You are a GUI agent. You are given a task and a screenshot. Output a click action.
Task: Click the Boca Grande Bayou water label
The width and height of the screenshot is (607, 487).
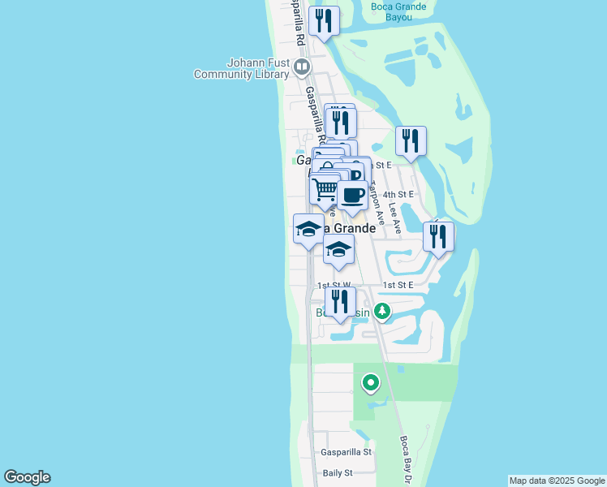click(398, 11)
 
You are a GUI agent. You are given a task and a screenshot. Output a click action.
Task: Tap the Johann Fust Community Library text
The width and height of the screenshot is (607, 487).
click(241, 68)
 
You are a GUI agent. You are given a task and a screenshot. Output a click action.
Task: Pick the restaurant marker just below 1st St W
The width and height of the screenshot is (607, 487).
click(340, 302)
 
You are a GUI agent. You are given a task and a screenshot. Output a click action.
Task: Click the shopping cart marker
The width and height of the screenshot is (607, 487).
click(325, 190)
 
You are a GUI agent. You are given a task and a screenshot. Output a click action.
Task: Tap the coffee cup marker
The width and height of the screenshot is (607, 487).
click(353, 195)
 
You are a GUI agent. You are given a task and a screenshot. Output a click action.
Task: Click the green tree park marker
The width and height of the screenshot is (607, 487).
click(381, 310)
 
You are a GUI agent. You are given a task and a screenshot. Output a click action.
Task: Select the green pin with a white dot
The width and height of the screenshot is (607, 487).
click(371, 381)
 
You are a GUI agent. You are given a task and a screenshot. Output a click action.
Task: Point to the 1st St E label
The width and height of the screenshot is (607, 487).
click(398, 285)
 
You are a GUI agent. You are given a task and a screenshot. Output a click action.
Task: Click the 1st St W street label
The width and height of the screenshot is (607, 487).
click(333, 285)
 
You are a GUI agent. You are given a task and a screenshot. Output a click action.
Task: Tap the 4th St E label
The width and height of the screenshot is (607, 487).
click(398, 195)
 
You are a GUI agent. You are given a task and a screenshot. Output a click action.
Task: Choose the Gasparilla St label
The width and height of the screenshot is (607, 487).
click(346, 451)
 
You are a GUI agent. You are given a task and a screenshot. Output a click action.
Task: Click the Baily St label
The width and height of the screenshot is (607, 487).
click(338, 472)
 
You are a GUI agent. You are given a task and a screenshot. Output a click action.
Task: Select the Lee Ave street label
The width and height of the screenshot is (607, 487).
click(395, 218)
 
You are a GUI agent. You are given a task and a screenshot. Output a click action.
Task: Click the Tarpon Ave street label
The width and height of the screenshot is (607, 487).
click(375, 199)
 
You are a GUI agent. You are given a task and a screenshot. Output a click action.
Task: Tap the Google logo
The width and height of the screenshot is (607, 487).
click(27, 477)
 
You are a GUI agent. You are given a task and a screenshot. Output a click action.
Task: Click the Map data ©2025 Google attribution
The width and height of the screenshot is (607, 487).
click(556, 481)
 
